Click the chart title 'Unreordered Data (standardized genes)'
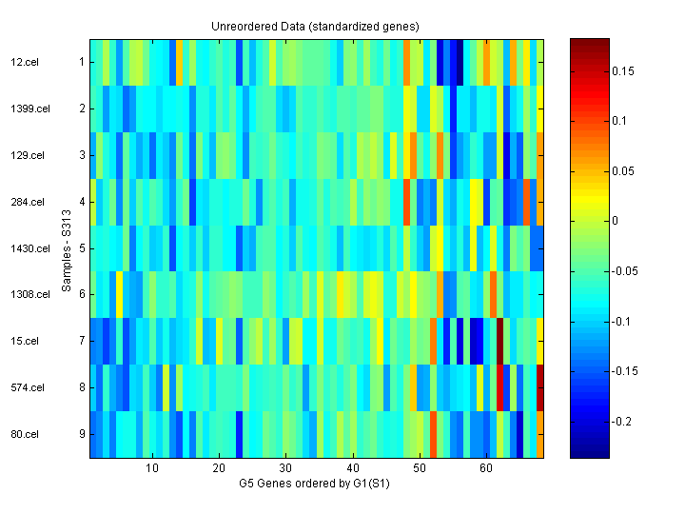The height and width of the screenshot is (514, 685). pos(315,26)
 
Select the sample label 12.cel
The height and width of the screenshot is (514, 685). pos(24,62)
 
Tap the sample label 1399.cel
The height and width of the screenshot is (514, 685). pos(29,109)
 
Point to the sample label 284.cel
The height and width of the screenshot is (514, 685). pos(26,202)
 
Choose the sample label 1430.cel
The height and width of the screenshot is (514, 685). pos(29,248)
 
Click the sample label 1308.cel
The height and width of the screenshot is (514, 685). pos(29,294)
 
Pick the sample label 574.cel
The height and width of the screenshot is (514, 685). pos(26,387)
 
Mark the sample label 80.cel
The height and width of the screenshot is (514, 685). pos(24,434)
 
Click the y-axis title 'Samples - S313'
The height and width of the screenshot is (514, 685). pos(67,248)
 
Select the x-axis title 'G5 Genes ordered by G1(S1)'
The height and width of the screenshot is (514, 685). pos(315,484)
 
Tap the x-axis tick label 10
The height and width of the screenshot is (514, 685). pos(152,468)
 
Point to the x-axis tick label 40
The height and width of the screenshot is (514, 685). pos(353,468)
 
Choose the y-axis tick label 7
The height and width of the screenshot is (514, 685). pos(81,341)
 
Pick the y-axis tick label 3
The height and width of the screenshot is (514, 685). pos(81,155)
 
